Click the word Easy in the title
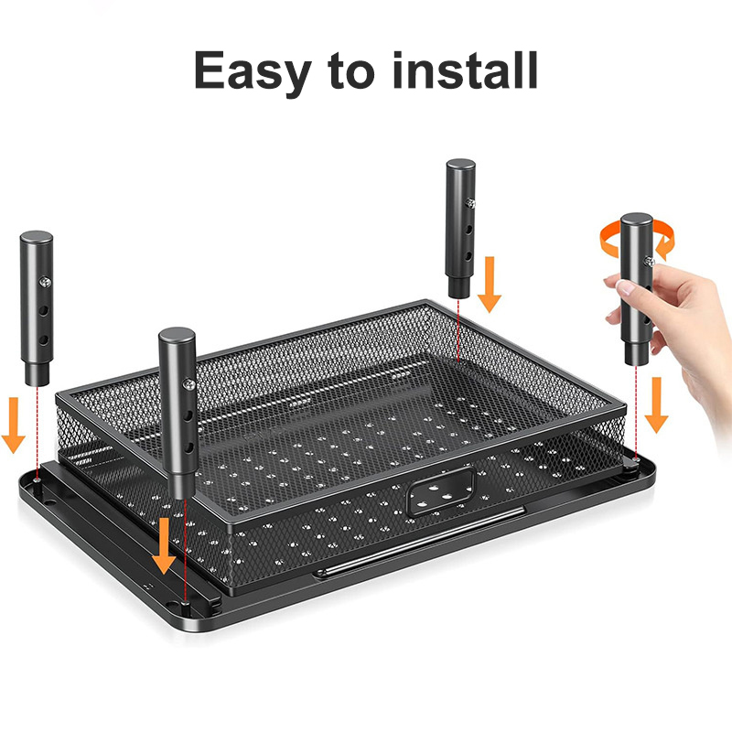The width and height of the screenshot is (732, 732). click(x=253, y=72)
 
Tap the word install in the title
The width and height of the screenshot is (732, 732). click(x=466, y=70)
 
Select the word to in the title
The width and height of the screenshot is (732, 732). click(x=351, y=71)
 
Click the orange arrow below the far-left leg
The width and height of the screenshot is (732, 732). click(x=13, y=425)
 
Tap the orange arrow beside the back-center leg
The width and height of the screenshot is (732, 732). click(x=490, y=284)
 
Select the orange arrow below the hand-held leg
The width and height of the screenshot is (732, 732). click(x=656, y=404)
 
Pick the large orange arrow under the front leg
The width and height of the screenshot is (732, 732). click(x=164, y=545)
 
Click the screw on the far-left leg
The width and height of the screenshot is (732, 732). click(x=45, y=282)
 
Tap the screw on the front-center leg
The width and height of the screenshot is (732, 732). click(x=189, y=384)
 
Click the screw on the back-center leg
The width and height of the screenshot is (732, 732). click(x=470, y=203)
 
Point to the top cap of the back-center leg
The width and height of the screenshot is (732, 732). click(x=461, y=165)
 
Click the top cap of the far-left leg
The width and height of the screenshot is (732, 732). click(x=37, y=237)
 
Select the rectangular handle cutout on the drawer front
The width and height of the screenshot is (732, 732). click(x=441, y=492)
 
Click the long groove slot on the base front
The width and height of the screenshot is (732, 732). click(x=419, y=543)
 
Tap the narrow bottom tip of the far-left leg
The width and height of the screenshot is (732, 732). click(x=38, y=376)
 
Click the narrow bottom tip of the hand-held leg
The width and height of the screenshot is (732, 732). click(x=636, y=356)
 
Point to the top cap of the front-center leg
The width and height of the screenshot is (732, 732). click(x=177, y=334)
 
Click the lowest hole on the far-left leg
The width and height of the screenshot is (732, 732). click(x=43, y=339)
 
